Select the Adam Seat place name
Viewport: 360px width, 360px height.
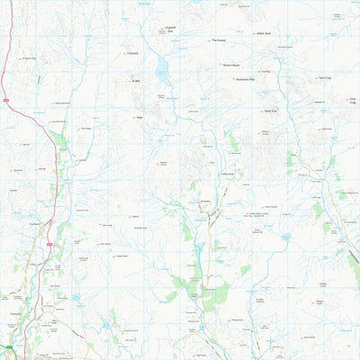pos(264,33)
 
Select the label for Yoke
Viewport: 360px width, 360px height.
pos(139,116)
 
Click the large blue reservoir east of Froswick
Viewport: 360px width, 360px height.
pos(162,68)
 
